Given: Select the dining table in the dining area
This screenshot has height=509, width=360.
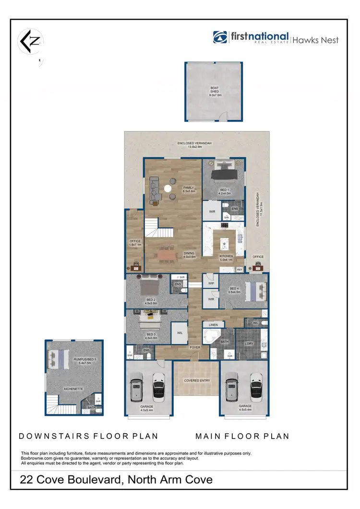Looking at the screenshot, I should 167,256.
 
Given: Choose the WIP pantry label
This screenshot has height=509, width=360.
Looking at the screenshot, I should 211,284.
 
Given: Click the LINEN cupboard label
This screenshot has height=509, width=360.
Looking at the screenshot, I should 213,325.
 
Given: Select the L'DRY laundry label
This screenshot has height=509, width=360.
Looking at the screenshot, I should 249,343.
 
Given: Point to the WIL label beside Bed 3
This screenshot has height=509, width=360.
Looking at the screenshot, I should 180,332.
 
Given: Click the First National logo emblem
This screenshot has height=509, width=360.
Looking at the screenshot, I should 220,37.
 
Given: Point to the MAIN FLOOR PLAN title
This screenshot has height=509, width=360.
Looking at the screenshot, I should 242,436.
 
